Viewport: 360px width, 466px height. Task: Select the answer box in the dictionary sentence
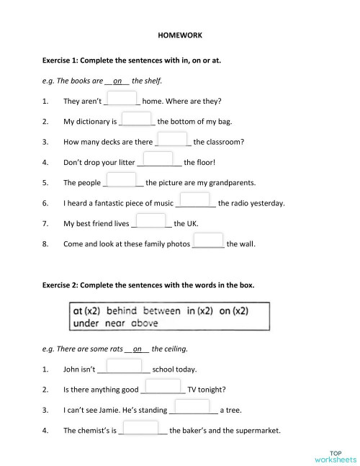[136, 120]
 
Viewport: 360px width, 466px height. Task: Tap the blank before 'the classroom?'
[172, 140]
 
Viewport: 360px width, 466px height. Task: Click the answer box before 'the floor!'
[158, 160]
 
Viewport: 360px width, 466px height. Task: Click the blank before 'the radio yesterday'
[194, 200]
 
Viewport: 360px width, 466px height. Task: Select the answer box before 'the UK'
[151, 221]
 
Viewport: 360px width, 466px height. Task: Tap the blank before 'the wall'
[208, 241]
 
